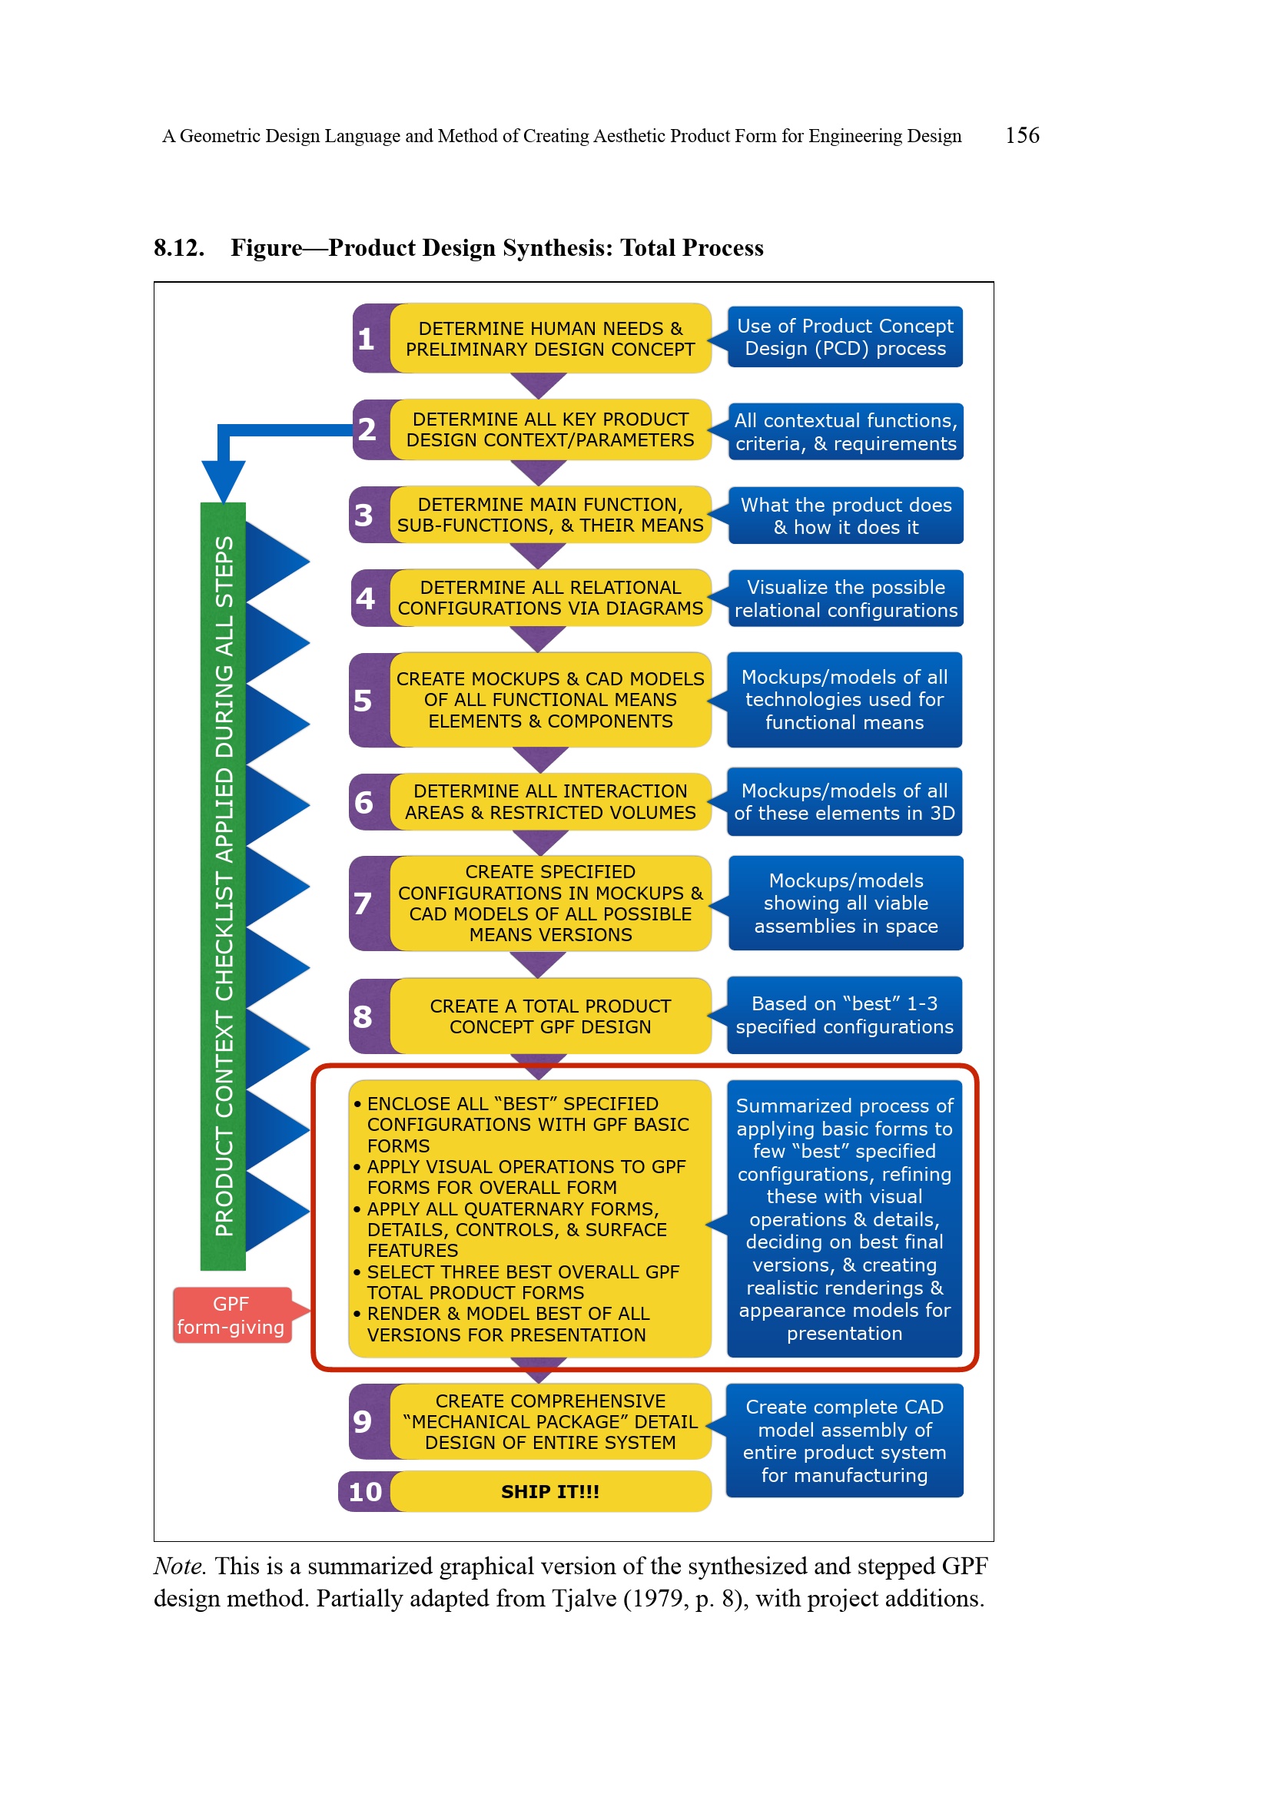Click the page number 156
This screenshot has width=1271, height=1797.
click(x=1021, y=135)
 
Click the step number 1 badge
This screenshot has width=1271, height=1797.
click(x=367, y=339)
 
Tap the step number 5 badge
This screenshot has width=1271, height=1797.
click(x=363, y=700)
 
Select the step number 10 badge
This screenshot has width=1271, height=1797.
click(x=366, y=1491)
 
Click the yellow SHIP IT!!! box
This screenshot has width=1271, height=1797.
click(x=550, y=1491)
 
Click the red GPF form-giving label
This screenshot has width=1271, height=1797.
click(x=231, y=1315)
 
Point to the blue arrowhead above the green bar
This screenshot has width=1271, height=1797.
click(x=223, y=478)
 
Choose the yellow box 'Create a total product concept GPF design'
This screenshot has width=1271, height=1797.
click(x=550, y=1016)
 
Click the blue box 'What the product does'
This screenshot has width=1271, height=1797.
click(x=845, y=516)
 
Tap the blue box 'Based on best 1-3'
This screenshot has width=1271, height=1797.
click(x=845, y=1015)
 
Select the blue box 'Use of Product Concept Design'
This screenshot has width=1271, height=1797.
click(x=845, y=337)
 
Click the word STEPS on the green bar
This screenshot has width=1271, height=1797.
click(x=224, y=572)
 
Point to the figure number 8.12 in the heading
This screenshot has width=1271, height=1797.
click(x=179, y=248)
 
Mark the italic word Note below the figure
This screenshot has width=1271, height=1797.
click(x=179, y=1566)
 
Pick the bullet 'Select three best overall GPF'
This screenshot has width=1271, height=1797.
click(x=523, y=1282)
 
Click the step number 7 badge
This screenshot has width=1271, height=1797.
click(x=363, y=903)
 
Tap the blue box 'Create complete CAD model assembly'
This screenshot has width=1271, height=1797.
click(x=845, y=1440)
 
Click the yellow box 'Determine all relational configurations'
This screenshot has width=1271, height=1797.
click(x=550, y=598)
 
